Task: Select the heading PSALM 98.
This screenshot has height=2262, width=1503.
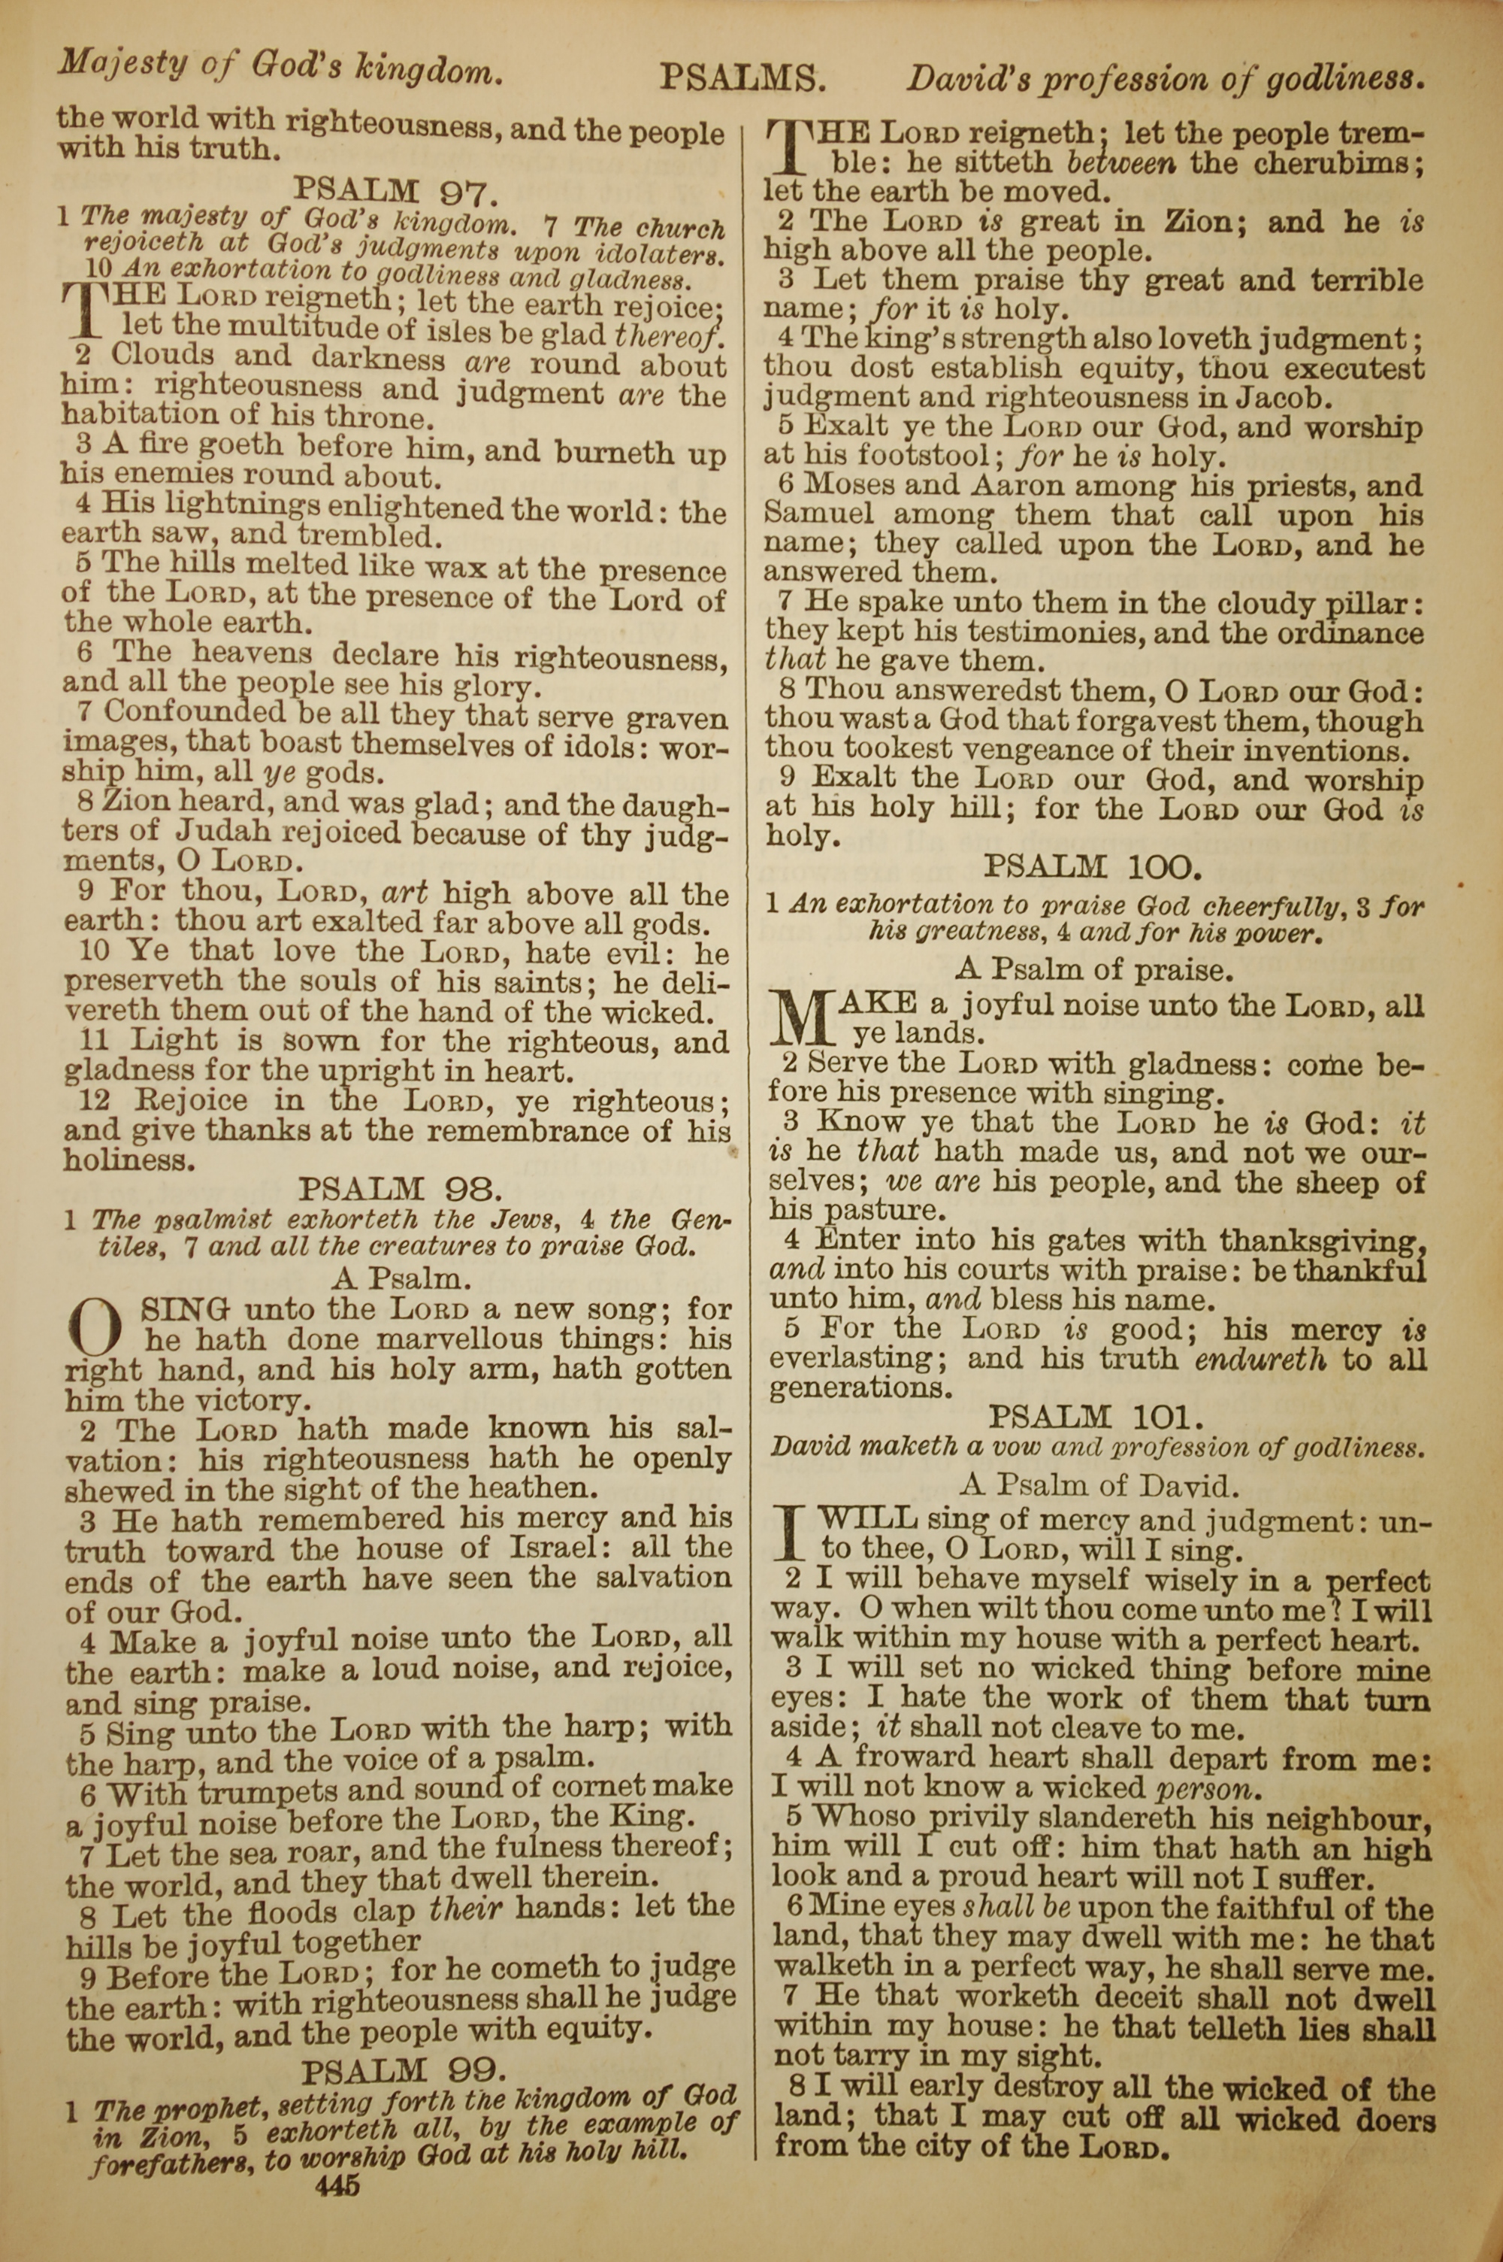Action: click(x=399, y=1189)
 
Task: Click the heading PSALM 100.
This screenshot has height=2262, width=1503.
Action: click(x=1092, y=868)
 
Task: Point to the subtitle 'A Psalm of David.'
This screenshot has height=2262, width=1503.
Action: click(x=1099, y=1486)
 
